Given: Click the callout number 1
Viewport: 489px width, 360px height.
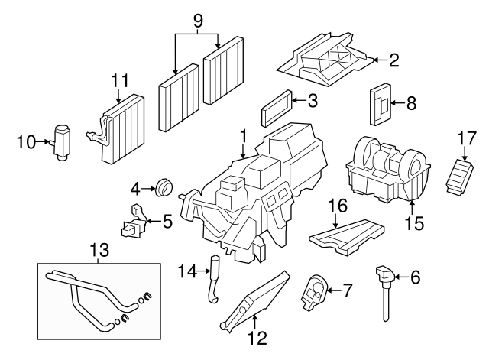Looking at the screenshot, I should click(x=243, y=136).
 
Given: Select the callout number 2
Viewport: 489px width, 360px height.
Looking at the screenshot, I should click(x=394, y=60).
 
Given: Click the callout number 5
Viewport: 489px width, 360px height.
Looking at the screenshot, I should click(x=167, y=222).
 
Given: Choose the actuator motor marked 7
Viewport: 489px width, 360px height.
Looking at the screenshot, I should click(x=315, y=291).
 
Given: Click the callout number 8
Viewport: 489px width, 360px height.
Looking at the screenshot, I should click(x=411, y=102).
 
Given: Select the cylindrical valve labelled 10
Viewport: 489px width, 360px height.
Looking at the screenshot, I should click(x=61, y=141).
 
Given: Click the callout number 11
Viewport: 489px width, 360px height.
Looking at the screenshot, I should click(x=118, y=79).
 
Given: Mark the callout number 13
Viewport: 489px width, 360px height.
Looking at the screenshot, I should click(x=100, y=250).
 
